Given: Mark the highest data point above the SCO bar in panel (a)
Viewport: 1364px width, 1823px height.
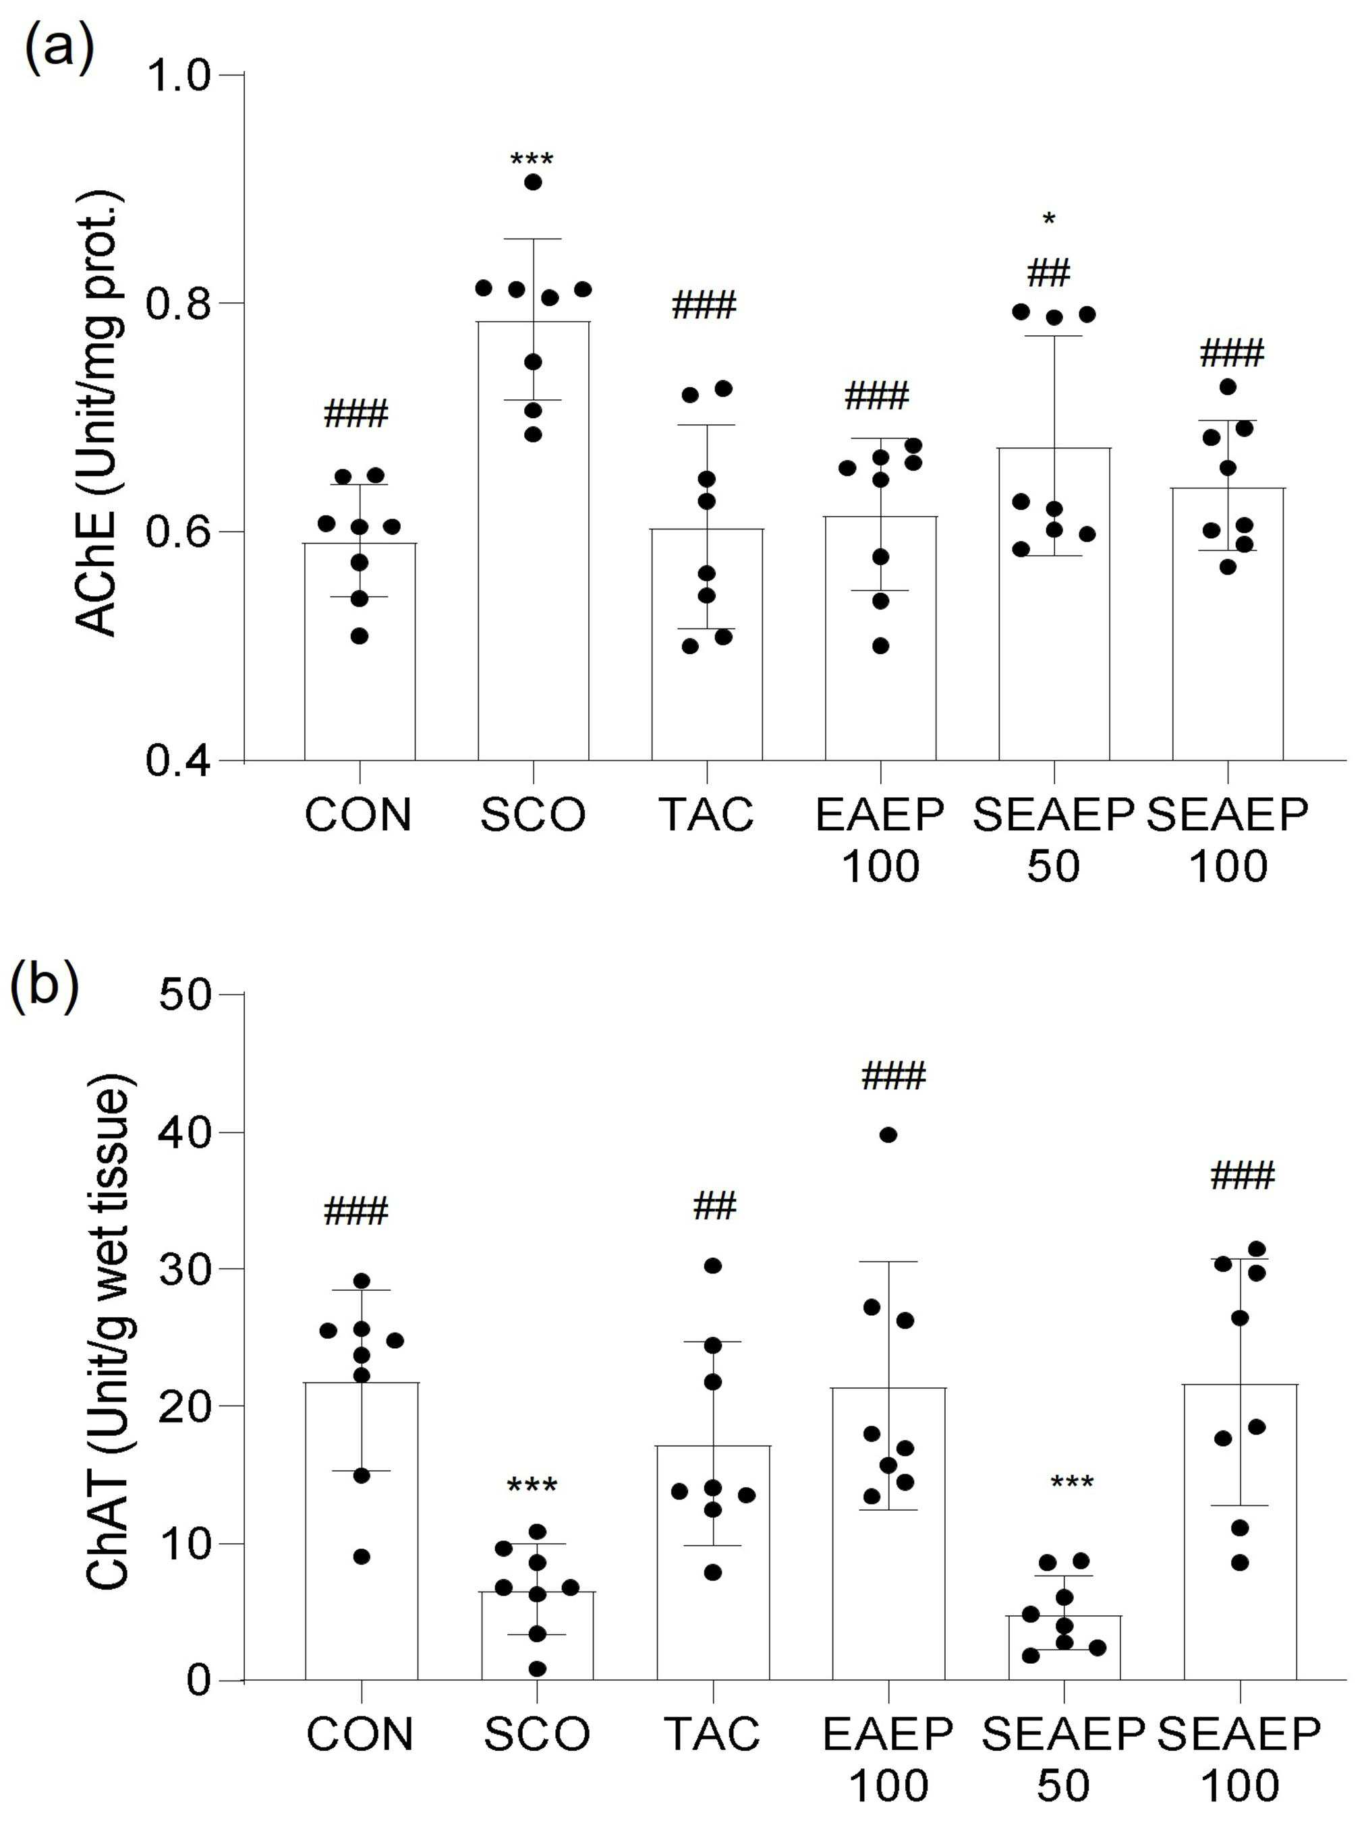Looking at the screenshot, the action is coord(533,182).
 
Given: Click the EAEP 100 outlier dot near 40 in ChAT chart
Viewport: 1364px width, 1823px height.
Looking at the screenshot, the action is coord(888,1135).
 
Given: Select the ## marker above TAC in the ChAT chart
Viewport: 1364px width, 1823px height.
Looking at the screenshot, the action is coord(714,1206).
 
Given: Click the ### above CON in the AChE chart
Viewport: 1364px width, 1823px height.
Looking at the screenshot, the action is coord(356,413).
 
